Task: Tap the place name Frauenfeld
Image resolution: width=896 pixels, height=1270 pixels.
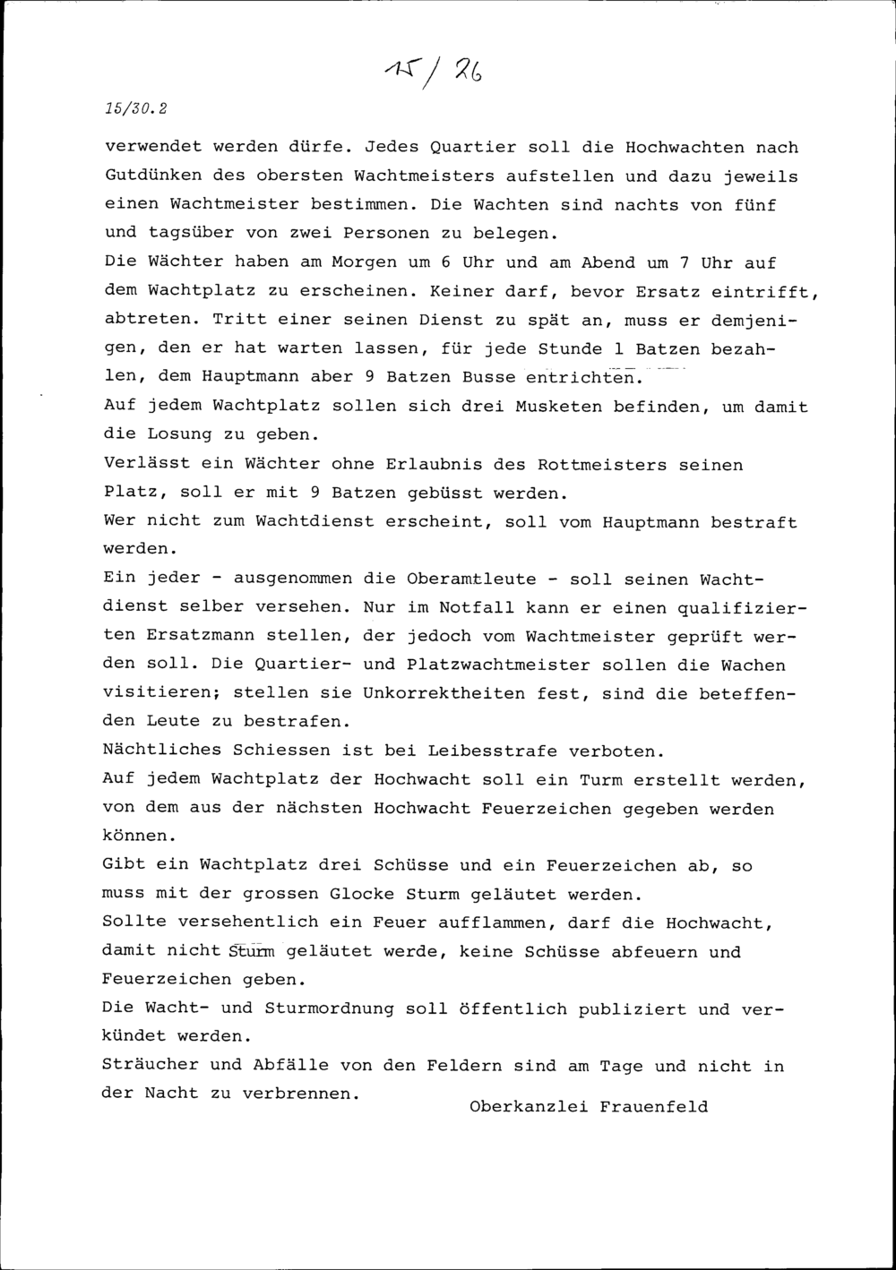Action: point(654,1106)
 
